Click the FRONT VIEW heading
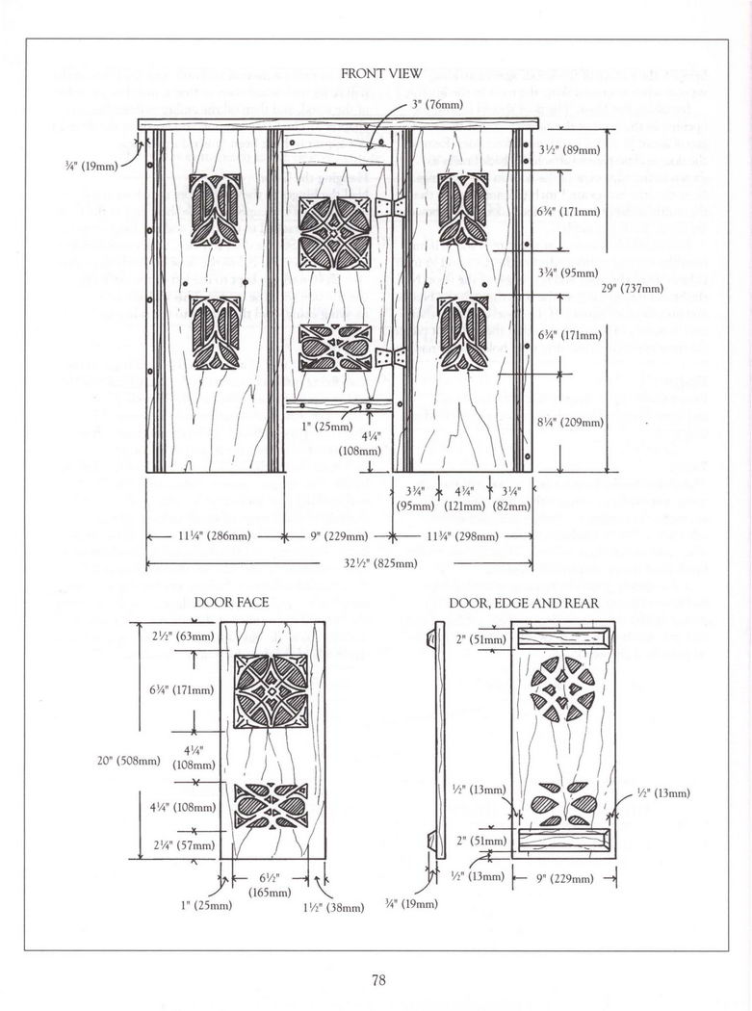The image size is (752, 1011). (x=376, y=74)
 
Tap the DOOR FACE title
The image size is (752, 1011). (x=231, y=603)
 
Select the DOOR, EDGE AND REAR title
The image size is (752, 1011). (x=524, y=603)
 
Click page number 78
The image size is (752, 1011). (x=378, y=981)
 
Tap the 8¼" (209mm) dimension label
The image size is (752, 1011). (x=570, y=422)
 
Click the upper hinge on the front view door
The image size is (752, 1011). (x=389, y=209)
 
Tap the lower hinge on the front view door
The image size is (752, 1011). (x=389, y=358)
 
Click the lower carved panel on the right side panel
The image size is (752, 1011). (x=461, y=334)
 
